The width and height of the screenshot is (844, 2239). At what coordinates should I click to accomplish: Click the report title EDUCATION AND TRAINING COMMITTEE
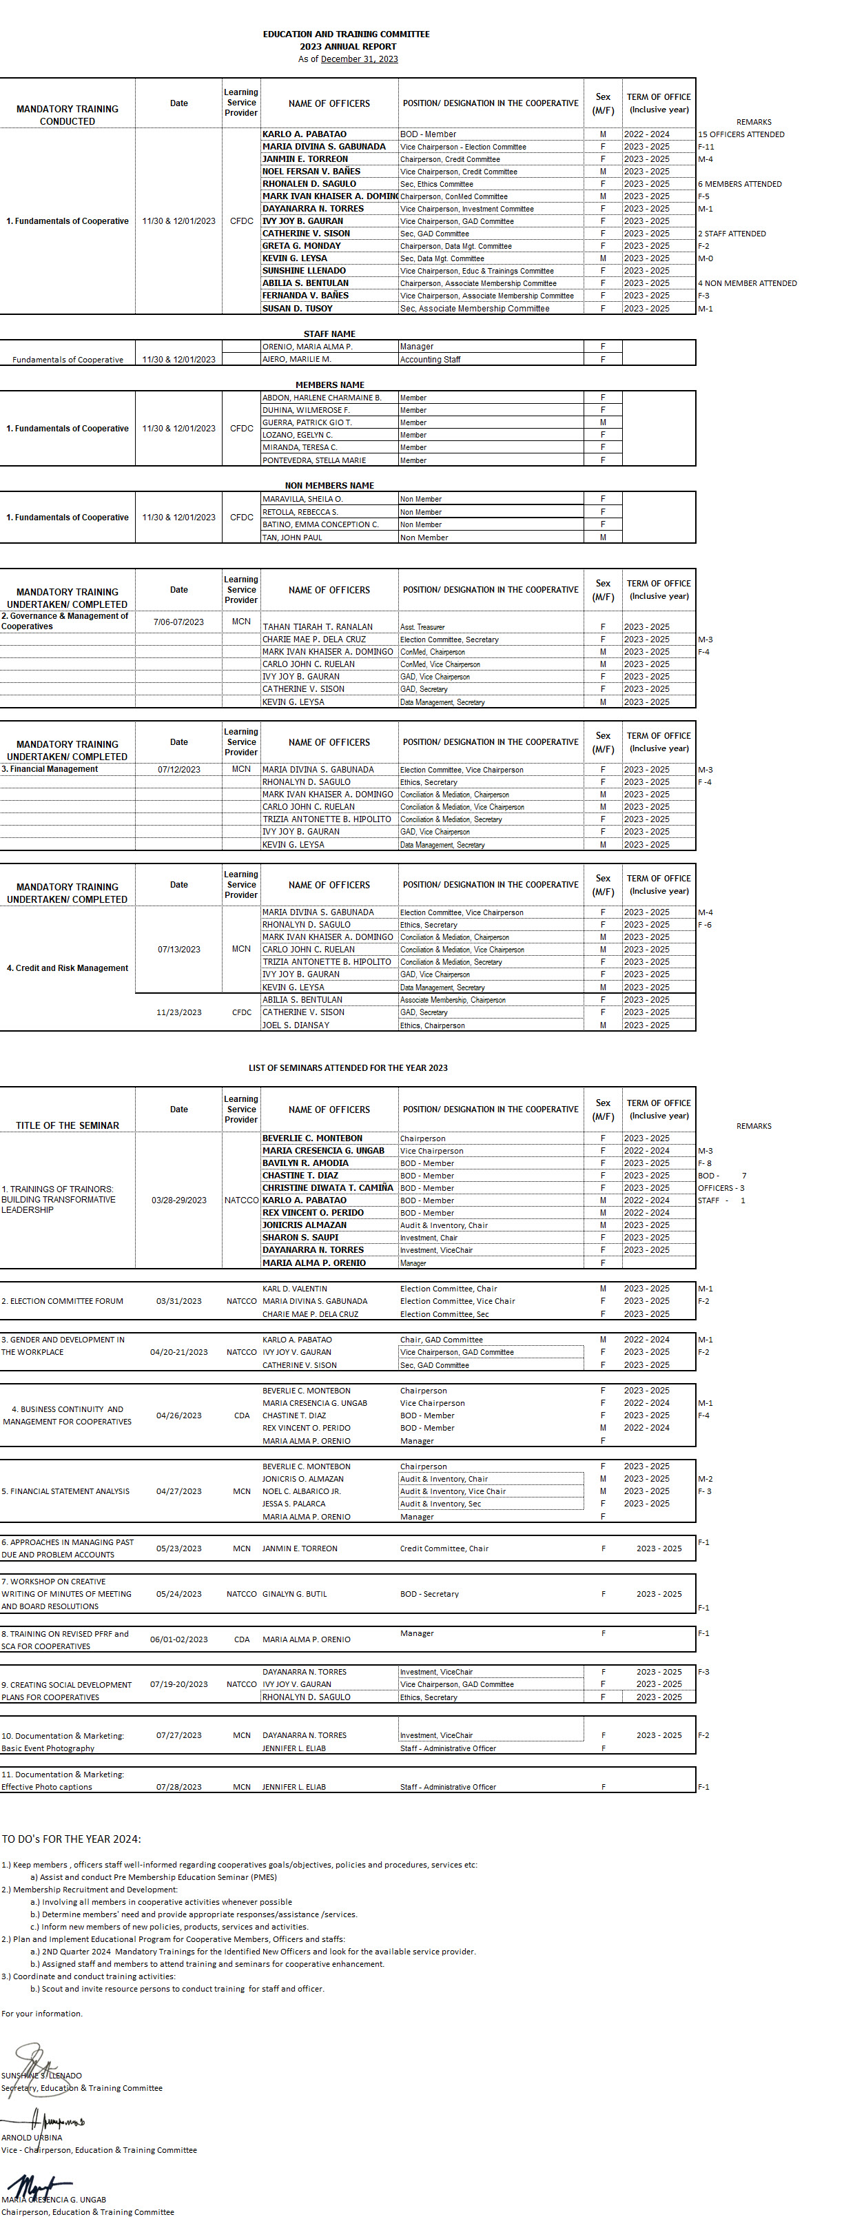pyautogui.click(x=346, y=34)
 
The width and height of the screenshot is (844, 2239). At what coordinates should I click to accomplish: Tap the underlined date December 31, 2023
pyautogui.click(x=359, y=59)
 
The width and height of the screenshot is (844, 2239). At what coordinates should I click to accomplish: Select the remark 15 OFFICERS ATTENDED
pyautogui.click(x=741, y=134)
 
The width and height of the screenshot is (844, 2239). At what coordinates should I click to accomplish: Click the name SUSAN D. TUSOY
pyautogui.click(x=297, y=309)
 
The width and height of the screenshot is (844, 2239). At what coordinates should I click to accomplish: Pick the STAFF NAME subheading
pyautogui.click(x=329, y=334)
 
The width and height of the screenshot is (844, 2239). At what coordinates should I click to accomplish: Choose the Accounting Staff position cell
pyautogui.click(x=430, y=359)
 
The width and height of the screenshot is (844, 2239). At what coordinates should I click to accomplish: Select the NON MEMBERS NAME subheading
pyautogui.click(x=329, y=485)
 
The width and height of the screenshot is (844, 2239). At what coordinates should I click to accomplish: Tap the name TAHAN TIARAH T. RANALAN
pyautogui.click(x=317, y=626)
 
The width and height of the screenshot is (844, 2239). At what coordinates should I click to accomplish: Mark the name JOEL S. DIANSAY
pyautogui.click(x=296, y=1025)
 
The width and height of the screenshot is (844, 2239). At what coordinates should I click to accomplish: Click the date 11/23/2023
pyautogui.click(x=179, y=1012)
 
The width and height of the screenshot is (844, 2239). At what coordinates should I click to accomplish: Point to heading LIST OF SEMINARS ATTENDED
pyautogui.click(x=348, y=1067)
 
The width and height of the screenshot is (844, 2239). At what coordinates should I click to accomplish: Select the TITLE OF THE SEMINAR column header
pyautogui.click(x=68, y=1125)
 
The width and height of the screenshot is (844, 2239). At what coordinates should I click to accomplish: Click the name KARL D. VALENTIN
pyautogui.click(x=295, y=1288)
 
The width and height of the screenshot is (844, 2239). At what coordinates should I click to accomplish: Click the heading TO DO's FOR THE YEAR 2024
pyautogui.click(x=71, y=1839)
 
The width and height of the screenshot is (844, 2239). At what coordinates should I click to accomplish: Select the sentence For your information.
pyautogui.click(x=42, y=2013)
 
